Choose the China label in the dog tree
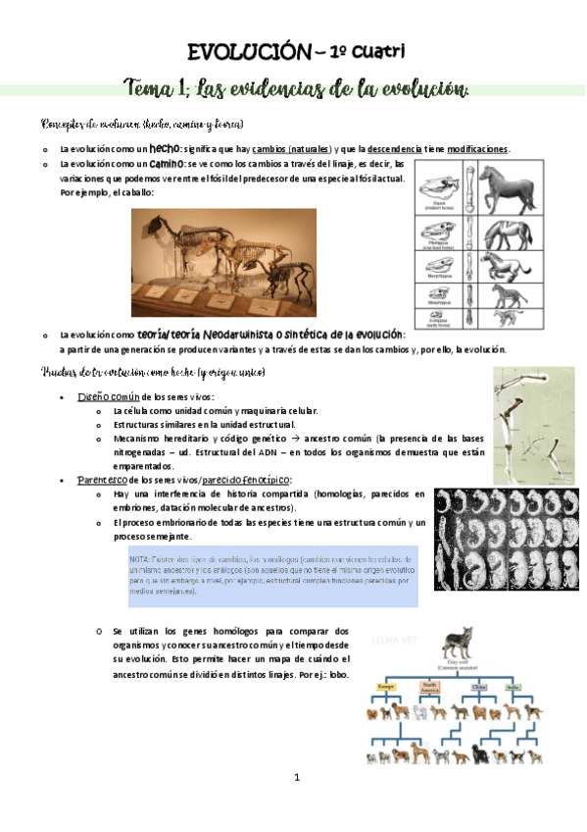tap(478, 688)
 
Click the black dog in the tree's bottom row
tap(481, 754)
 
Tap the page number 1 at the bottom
tap(294, 804)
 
